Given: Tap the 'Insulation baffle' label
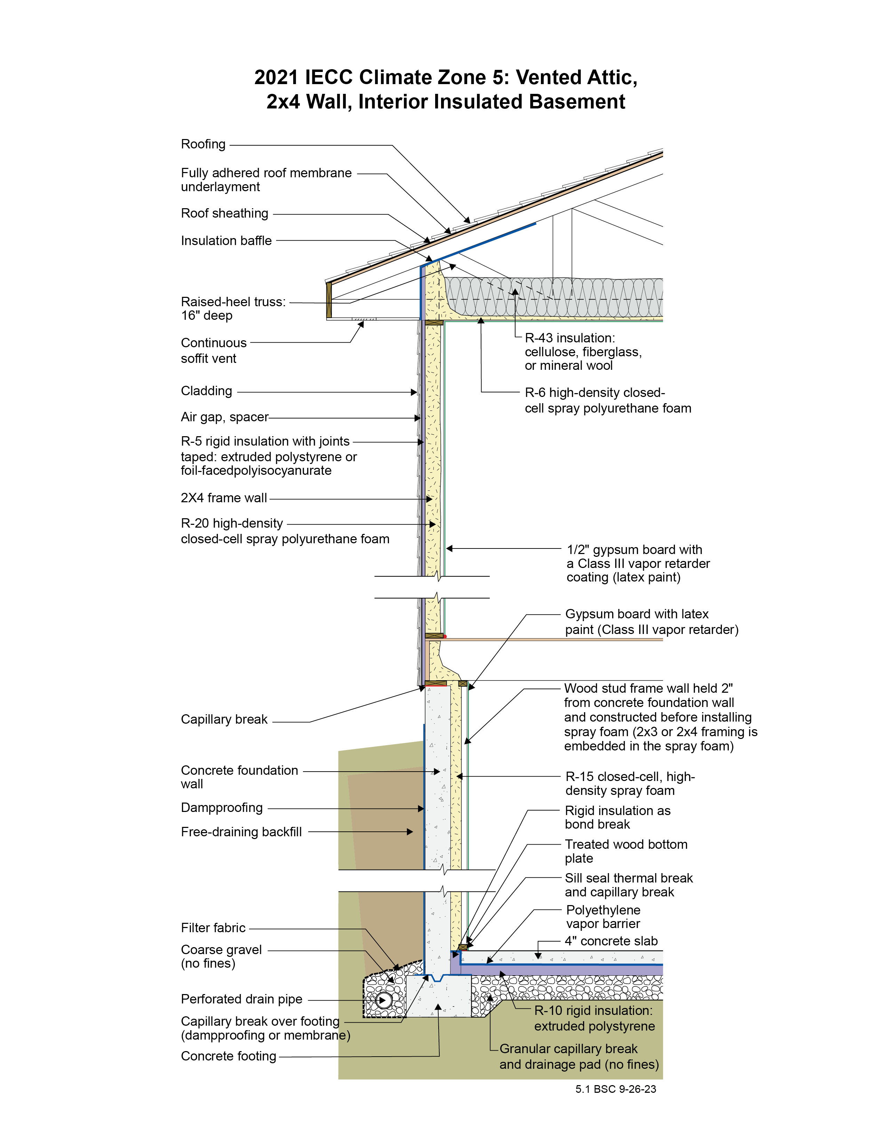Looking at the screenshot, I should pyautogui.click(x=226, y=241).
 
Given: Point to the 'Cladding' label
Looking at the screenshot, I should pyautogui.click(x=207, y=391).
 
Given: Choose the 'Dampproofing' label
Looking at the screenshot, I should pyautogui.click(x=222, y=808).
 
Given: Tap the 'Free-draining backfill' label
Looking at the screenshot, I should pyautogui.click(x=241, y=832).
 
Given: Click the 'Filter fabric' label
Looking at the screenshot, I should pyautogui.click(x=213, y=928).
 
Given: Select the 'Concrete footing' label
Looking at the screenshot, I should pyautogui.click(x=228, y=1056).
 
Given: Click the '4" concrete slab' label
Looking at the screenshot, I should pyautogui.click(x=611, y=941).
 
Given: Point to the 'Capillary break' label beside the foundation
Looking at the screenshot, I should pyautogui.click(x=224, y=719).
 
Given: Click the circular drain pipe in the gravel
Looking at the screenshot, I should pyautogui.click(x=384, y=1000).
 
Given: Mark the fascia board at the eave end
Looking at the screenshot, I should pyautogui.click(x=329, y=300).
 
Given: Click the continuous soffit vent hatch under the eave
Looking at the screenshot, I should pyautogui.click(x=364, y=319).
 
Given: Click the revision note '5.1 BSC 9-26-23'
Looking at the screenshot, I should pyautogui.click(x=615, y=1089).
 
